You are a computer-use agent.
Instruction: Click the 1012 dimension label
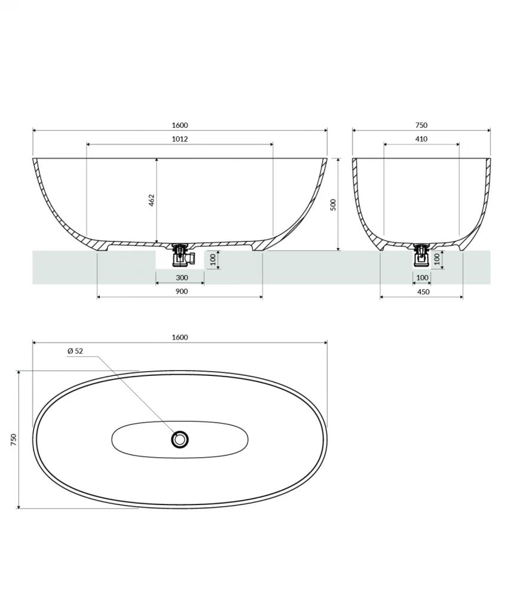tap(179, 139)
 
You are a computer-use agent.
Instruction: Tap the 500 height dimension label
tap(333, 204)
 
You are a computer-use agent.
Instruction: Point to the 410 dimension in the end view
tap(421, 139)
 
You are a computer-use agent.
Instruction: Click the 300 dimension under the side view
tap(182, 277)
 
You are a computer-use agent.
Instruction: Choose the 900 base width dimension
tap(182, 291)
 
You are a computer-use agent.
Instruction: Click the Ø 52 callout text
tap(75, 351)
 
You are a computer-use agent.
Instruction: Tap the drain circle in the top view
tap(180, 440)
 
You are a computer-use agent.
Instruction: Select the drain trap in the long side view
tap(179, 255)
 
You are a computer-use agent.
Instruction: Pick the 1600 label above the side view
tap(179, 125)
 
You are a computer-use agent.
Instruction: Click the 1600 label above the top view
tap(179, 337)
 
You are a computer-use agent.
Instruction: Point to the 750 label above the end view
tap(421, 125)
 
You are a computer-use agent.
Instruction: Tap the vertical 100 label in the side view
tap(211, 260)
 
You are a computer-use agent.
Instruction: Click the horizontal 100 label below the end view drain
tap(422, 278)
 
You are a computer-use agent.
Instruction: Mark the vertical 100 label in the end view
tap(437, 259)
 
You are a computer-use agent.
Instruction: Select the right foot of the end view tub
tap(460, 247)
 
